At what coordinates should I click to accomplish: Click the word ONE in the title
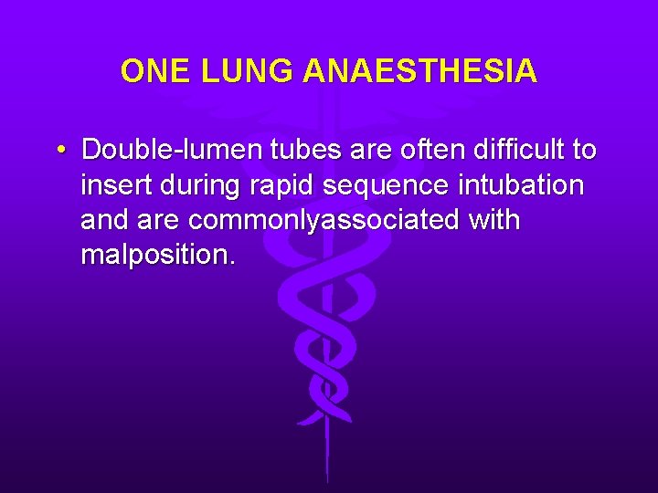coord(151,71)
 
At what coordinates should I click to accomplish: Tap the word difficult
coord(510,149)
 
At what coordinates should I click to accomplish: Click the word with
coord(493,220)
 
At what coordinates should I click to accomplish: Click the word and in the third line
coord(103,221)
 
